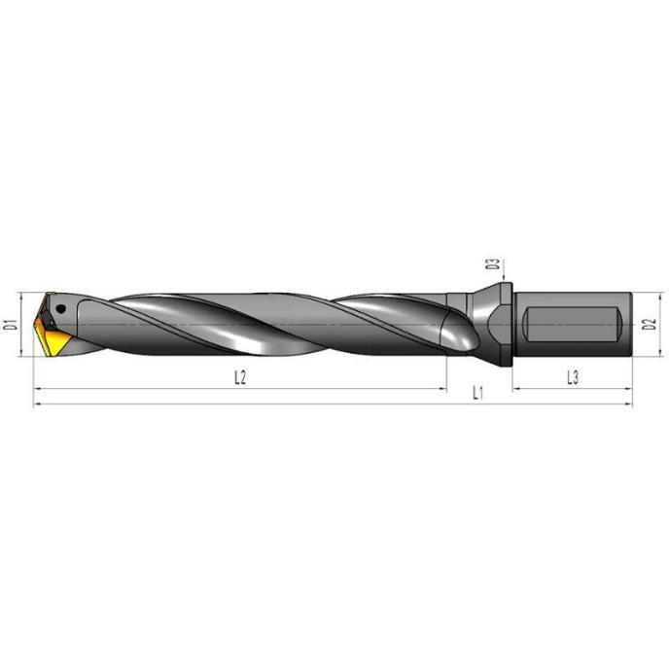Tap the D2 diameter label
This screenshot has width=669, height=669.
pos(650,324)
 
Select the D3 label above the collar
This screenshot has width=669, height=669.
pos(493,264)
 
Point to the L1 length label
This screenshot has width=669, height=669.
pos(477,393)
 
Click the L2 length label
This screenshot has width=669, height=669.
pos(240,377)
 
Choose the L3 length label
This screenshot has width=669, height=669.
pos(573,377)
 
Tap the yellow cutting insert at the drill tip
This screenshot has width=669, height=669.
pos(53,337)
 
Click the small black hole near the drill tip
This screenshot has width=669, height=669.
pos(61,308)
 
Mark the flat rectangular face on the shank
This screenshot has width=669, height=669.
pos(573,324)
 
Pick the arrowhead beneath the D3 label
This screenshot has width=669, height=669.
pos(504,278)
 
